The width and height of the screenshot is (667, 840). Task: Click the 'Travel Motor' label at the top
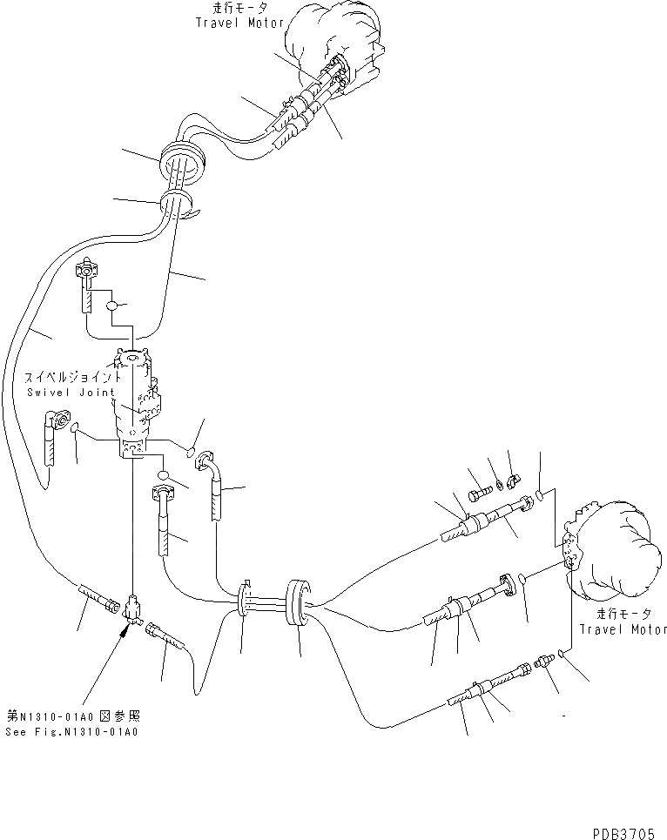[x=240, y=23]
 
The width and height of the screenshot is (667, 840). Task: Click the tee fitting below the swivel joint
[x=133, y=607]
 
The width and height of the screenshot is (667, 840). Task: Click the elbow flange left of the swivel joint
[x=61, y=422]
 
